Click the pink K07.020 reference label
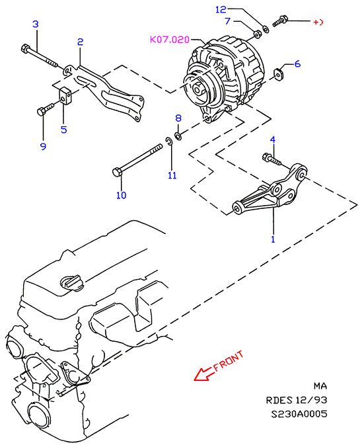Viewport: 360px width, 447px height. pyautogui.click(x=170, y=39)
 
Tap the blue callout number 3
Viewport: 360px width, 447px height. pyautogui.click(x=35, y=24)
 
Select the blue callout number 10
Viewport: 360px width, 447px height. pyautogui.click(x=121, y=195)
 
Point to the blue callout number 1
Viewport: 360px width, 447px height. pyautogui.click(x=273, y=239)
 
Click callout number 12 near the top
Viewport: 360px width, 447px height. pyautogui.click(x=221, y=10)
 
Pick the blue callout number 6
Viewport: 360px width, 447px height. pyautogui.click(x=297, y=63)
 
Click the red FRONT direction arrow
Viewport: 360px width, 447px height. pyautogui.click(x=204, y=374)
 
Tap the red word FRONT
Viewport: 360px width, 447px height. pyautogui.click(x=229, y=361)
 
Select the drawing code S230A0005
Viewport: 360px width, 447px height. pyautogui.click(x=299, y=414)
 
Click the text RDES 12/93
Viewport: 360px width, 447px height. pyautogui.click(x=297, y=400)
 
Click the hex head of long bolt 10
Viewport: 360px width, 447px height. pyautogui.click(x=117, y=173)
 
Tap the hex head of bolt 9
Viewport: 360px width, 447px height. pyautogui.click(x=41, y=111)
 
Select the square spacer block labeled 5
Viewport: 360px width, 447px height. pyautogui.click(x=66, y=97)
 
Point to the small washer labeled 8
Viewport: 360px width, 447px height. pyautogui.click(x=178, y=136)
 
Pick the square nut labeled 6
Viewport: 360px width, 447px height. pyautogui.click(x=277, y=73)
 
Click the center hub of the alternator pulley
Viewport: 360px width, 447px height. pyautogui.click(x=198, y=89)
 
